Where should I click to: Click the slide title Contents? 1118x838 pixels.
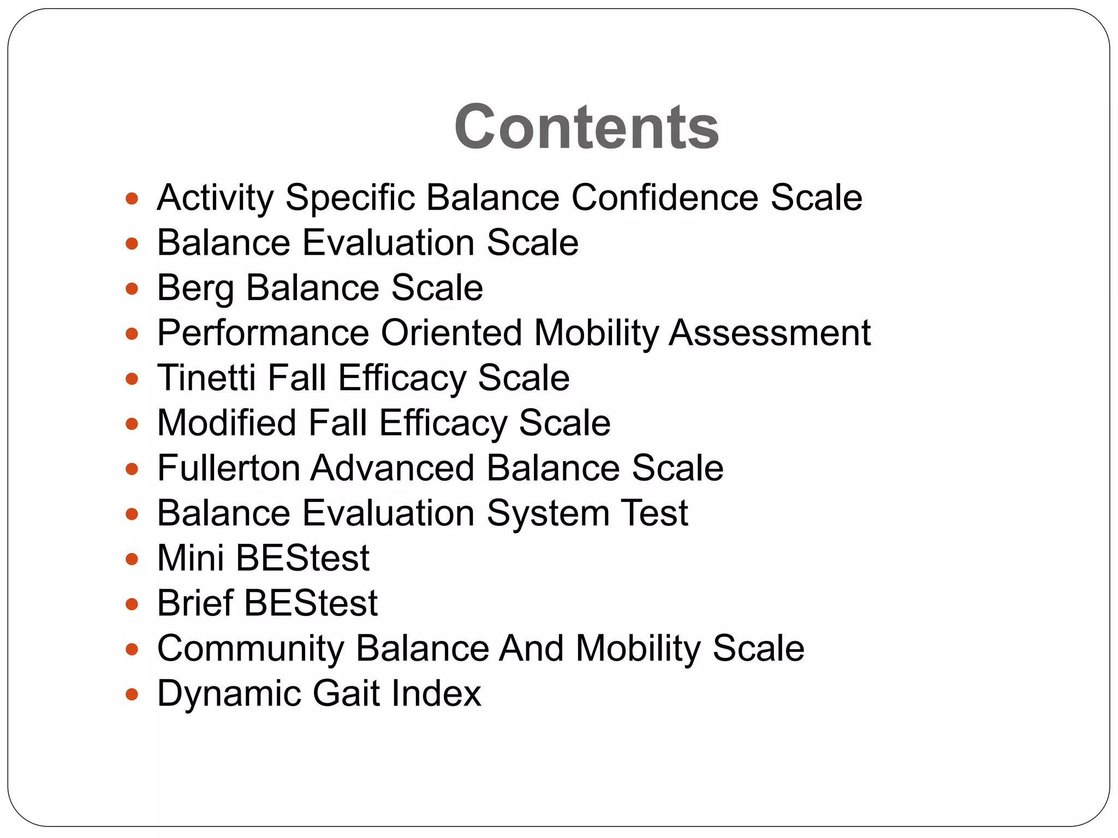[x=586, y=127]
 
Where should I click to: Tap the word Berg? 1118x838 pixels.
[x=195, y=288]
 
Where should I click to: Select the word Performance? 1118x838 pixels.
[x=263, y=333]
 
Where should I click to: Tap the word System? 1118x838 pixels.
[x=548, y=513]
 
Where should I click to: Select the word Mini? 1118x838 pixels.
[x=191, y=558]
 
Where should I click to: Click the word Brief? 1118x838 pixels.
[x=195, y=603]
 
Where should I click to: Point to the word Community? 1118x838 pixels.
[x=251, y=649]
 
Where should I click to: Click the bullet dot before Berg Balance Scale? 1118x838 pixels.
[x=132, y=288]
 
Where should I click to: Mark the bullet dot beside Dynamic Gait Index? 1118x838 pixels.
[x=132, y=695]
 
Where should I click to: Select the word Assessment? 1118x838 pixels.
[x=770, y=333]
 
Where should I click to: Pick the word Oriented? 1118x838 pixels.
[x=451, y=333]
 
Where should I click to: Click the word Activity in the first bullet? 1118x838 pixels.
[x=215, y=197]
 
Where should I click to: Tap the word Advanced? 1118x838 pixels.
[x=393, y=468]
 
